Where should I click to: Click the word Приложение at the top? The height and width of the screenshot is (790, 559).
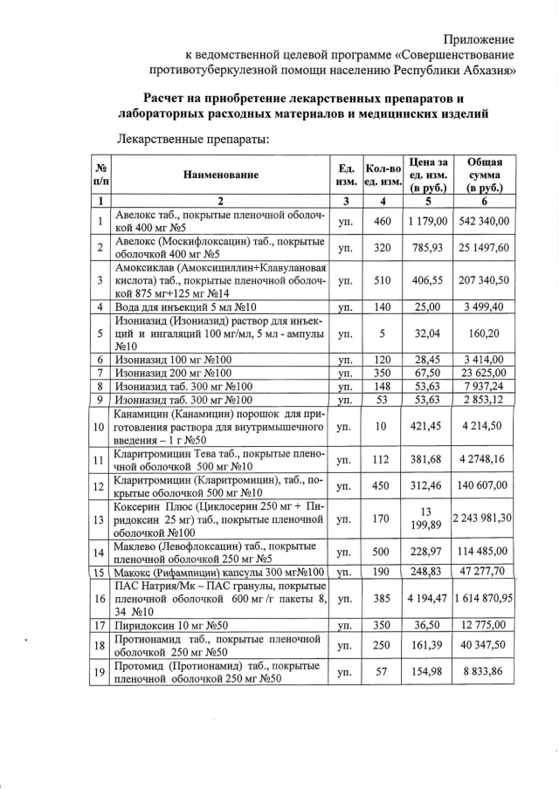pos(479,39)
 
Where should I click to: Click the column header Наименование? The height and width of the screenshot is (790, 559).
pos(221,175)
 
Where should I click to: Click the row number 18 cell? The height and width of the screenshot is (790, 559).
pos(100,646)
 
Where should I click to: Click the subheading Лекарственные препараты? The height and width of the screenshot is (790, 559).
pos(191,138)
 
